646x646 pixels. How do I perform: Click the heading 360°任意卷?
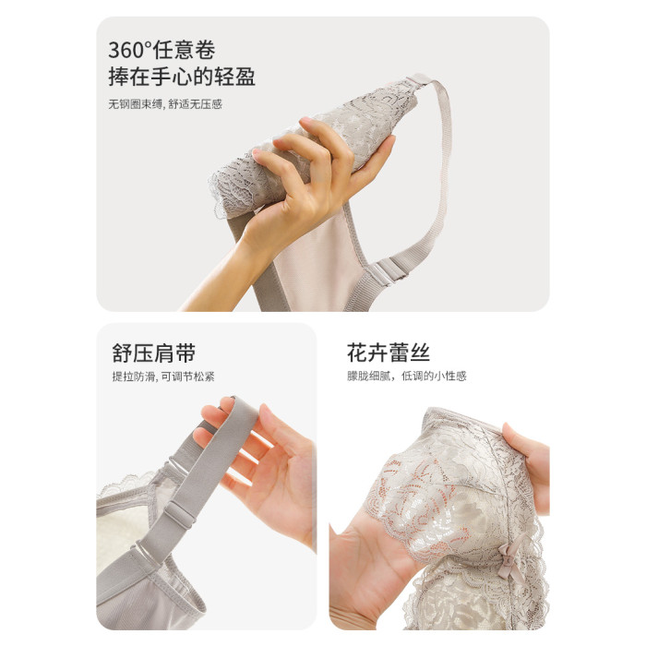pyautogui.click(x=161, y=50)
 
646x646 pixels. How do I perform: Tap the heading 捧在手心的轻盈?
pyautogui.click(x=182, y=77)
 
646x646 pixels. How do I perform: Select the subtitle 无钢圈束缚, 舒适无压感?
pyautogui.click(x=165, y=104)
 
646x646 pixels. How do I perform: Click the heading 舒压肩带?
pyautogui.click(x=154, y=353)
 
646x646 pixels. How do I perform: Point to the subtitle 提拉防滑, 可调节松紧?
pyautogui.click(x=163, y=377)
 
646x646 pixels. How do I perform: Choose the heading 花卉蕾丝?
pyautogui.click(x=389, y=353)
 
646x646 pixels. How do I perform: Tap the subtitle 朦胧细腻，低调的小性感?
pyautogui.click(x=407, y=377)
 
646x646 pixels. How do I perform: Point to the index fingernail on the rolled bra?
pyautogui.click(x=305, y=120)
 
